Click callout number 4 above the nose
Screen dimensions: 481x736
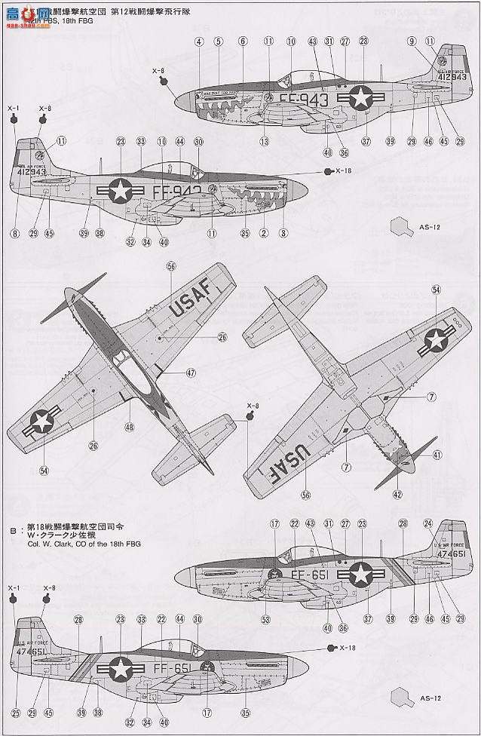[x=199, y=42]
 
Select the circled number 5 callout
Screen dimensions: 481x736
[x=218, y=42]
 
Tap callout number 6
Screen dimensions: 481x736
[x=243, y=42]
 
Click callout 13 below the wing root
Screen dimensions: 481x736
[x=265, y=141]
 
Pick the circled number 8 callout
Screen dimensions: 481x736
[x=14, y=234]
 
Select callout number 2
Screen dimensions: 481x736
[x=264, y=234]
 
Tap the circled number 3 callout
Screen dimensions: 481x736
[x=283, y=234]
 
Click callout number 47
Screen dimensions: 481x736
[x=191, y=372]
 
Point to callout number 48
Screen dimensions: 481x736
[x=130, y=427]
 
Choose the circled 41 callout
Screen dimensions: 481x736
[x=437, y=455]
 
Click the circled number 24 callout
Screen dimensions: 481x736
[x=428, y=523]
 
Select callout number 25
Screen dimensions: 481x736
[x=14, y=713]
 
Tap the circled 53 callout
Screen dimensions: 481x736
[x=265, y=620]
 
